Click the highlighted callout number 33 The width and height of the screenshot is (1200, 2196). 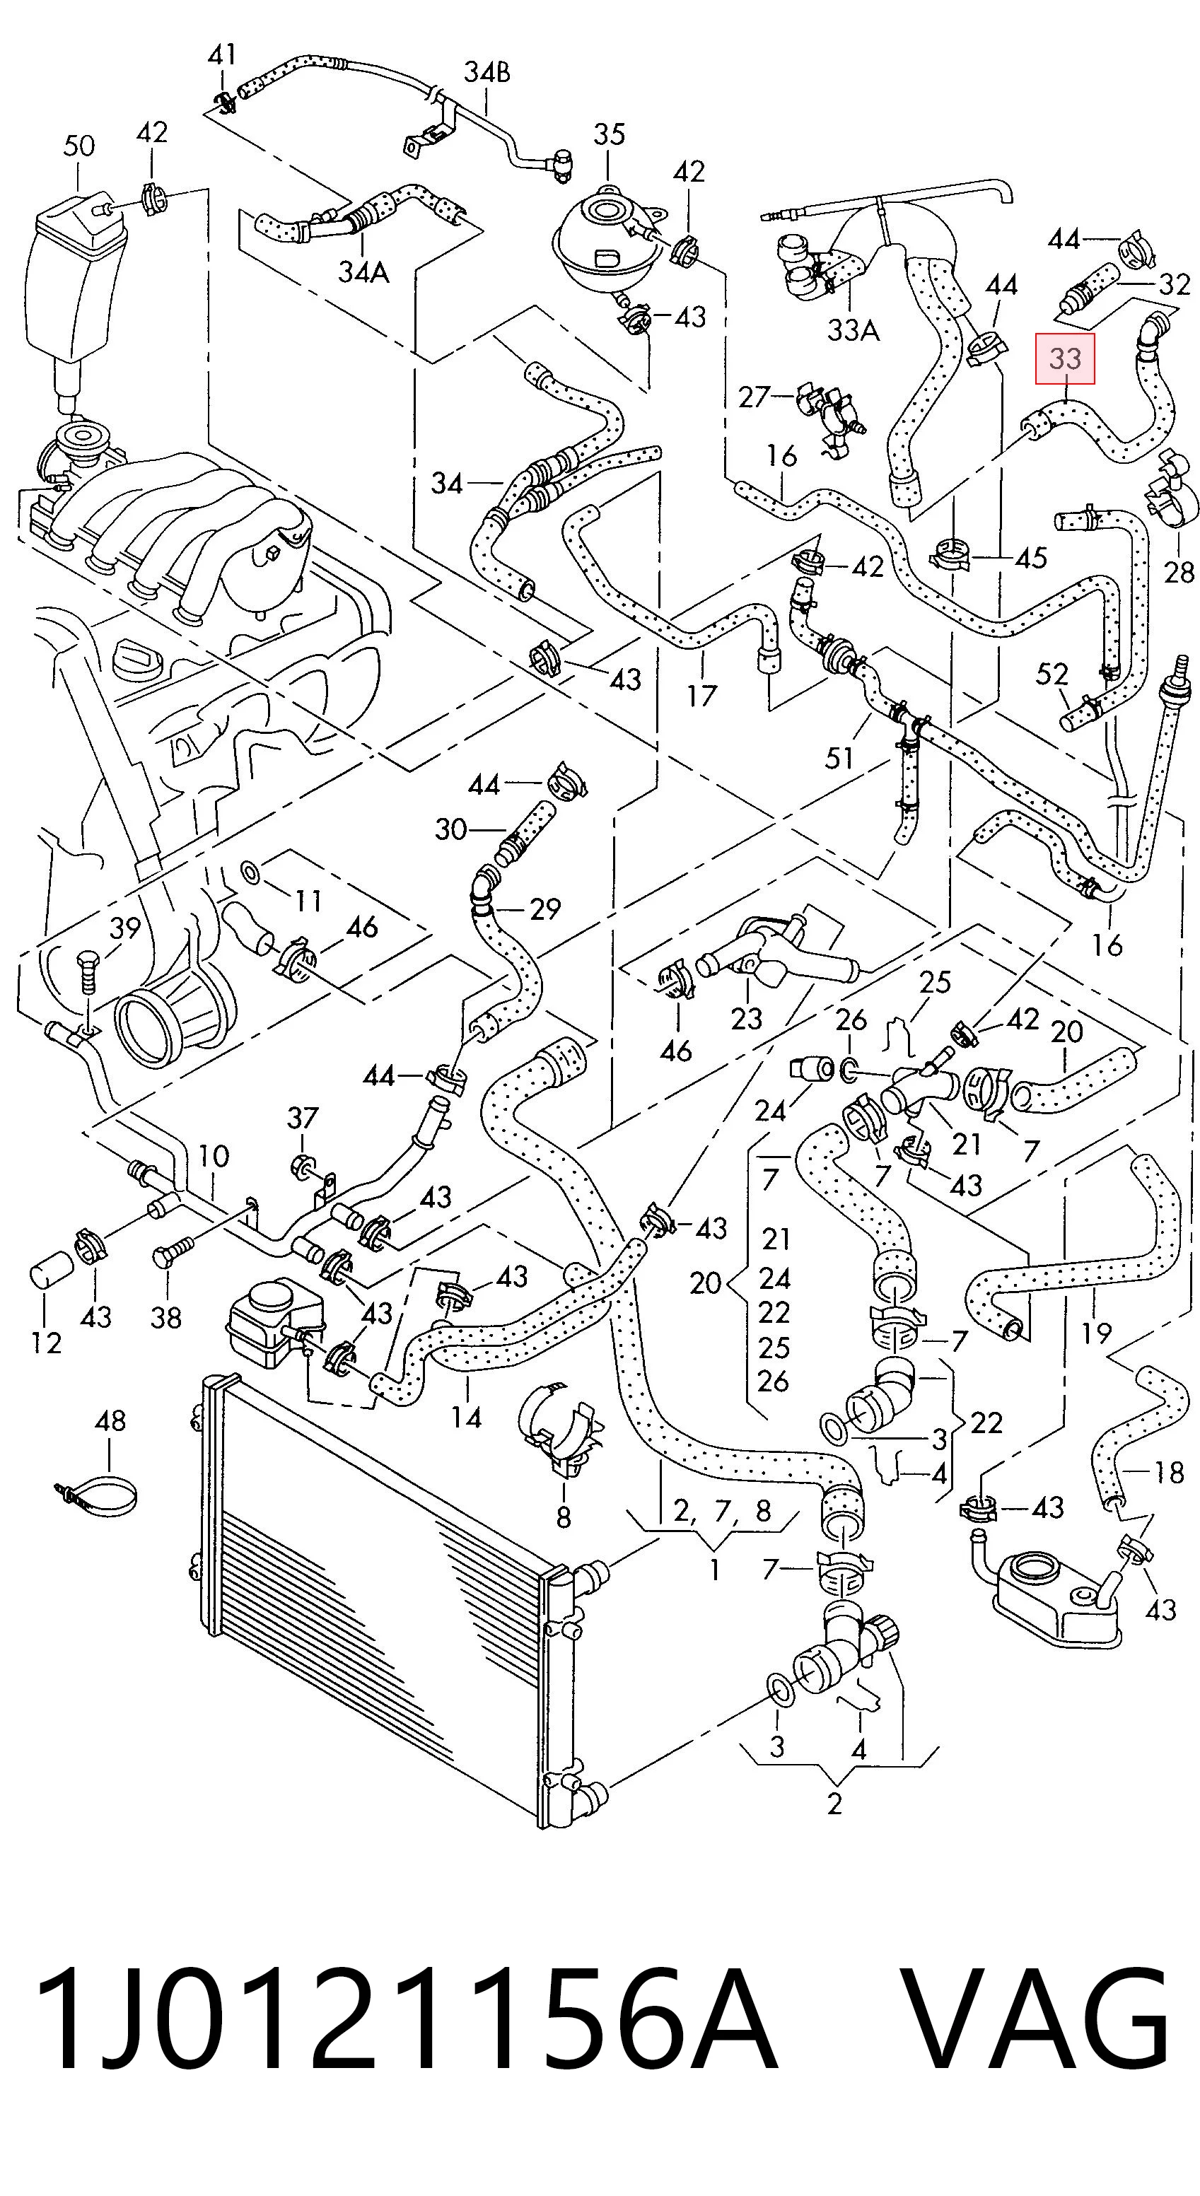click(1064, 359)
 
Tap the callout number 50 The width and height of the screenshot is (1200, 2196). click(78, 146)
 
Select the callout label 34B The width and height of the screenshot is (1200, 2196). click(487, 74)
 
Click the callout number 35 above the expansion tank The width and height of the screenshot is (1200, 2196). click(609, 135)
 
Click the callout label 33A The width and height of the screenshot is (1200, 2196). click(853, 330)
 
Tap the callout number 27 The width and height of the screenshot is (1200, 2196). click(754, 397)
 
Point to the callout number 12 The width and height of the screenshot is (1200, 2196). click(47, 1343)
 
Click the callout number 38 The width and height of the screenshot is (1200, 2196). click(166, 1318)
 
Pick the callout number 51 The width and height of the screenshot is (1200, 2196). click(839, 757)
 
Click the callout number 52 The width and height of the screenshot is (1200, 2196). click(1052, 675)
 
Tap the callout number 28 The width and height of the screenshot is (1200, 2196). click(1179, 571)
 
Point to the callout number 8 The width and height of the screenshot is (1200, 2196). click(563, 1516)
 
